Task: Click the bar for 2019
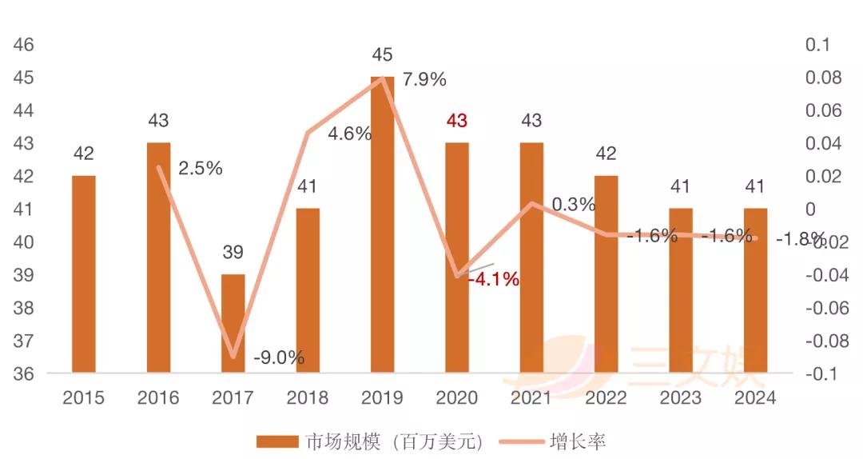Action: [x=382, y=225]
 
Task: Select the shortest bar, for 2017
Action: [x=233, y=323]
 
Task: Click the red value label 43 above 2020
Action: [x=456, y=121]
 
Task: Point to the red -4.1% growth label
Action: [x=492, y=280]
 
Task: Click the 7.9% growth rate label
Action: [x=424, y=79]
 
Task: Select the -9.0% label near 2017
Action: [x=278, y=357]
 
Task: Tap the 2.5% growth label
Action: [x=200, y=169]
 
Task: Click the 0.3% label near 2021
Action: [x=573, y=204]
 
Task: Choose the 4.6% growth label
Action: [x=350, y=134]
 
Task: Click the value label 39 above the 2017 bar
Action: [x=233, y=253]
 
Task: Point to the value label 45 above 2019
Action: [x=382, y=55]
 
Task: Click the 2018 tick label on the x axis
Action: [x=308, y=398]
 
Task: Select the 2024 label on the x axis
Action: [x=755, y=398]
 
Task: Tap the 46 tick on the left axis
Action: [x=24, y=45]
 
